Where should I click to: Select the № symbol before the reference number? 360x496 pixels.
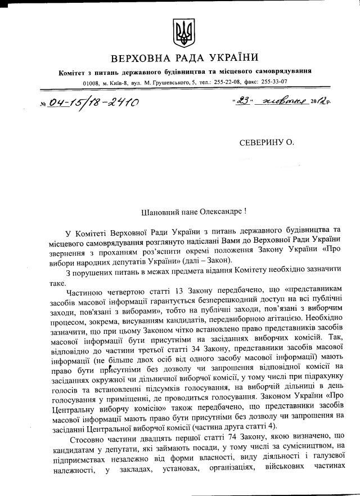pyautogui.click(x=44, y=104)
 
